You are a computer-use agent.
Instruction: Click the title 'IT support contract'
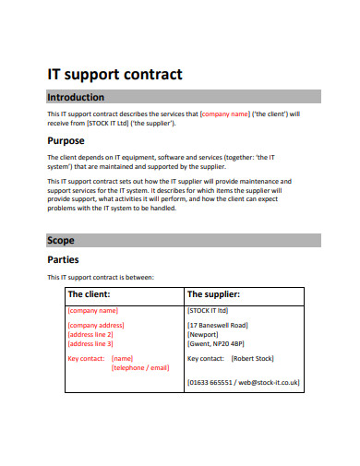(x=114, y=75)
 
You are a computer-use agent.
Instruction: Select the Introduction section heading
(x=76, y=97)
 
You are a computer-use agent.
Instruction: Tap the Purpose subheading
(x=66, y=140)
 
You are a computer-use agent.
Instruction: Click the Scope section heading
(x=61, y=241)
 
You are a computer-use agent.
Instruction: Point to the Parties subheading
(x=64, y=259)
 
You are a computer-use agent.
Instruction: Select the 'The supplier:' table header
(x=213, y=294)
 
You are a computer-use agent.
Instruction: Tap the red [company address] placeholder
(x=96, y=325)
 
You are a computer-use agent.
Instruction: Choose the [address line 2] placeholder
(x=90, y=334)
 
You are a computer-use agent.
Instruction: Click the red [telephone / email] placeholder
(x=140, y=367)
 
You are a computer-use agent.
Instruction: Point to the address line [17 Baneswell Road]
(x=218, y=325)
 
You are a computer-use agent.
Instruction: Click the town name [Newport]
(x=204, y=334)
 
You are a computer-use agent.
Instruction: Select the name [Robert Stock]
(x=253, y=358)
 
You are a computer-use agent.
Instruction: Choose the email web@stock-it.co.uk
(x=268, y=381)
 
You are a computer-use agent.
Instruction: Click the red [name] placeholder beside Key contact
(x=123, y=358)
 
